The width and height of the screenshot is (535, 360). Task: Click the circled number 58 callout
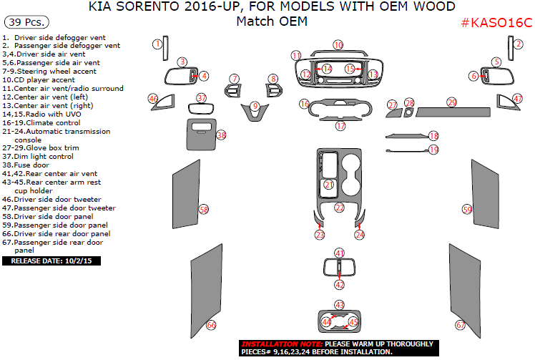[x=204, y=210]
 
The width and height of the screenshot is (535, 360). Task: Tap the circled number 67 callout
[x=460, y=325]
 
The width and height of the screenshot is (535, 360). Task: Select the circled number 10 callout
[x=338, y=45]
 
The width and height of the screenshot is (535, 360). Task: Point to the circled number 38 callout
[x=221, y=135]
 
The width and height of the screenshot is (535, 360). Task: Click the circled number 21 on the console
[x=329, y=185]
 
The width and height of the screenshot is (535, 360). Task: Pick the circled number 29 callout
[x=451, y=102]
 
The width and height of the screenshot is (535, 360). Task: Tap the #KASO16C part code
[x=496, y=23]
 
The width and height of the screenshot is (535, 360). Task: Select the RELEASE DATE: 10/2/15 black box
[x=52, y=261]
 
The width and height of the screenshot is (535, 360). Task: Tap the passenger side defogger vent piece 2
[x=505, y=49]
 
